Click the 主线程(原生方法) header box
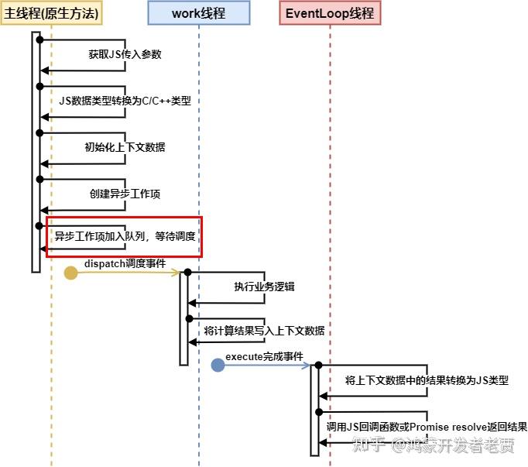[51, 13]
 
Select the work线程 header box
[199, 13]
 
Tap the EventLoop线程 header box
[329, 13]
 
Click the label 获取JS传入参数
[125, 54]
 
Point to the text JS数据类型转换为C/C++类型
[125, 101]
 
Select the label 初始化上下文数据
[125, 147]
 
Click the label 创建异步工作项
[125, 194]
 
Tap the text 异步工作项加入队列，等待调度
[125, 235]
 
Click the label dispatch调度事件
[125, 263]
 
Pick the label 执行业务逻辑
[264, 287]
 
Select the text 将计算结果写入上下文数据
[264, 331]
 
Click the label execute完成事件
[264, 356]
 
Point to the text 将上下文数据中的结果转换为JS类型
[427, 380]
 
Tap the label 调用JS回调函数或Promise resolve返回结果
[427, 427]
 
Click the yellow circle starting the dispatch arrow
[70, 273]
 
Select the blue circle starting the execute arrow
[218, 366]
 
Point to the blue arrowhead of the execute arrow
[306, 366]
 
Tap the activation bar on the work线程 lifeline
[183, 318]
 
